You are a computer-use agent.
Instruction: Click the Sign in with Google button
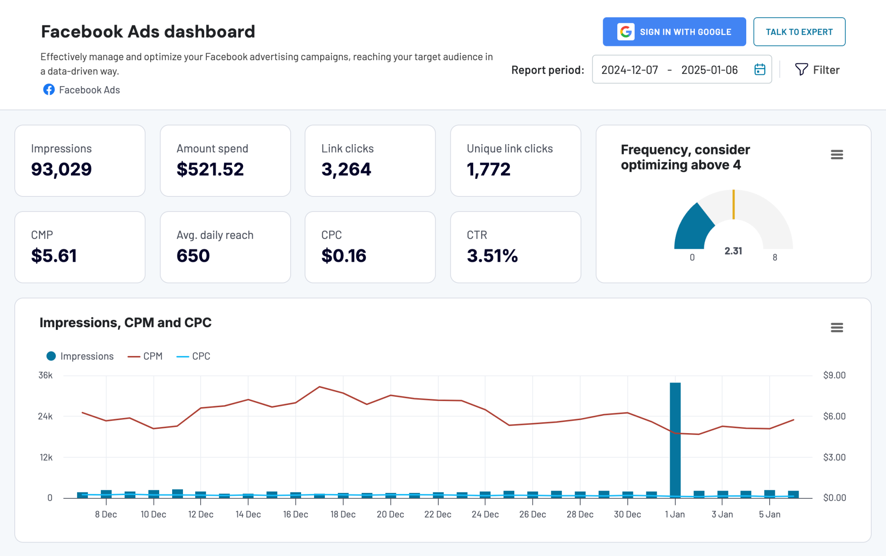coord(674,32)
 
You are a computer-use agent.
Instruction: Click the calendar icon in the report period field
coord(760,69)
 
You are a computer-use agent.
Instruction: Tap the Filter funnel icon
coord(801,69)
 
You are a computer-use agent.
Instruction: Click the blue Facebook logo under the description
coord(49,90)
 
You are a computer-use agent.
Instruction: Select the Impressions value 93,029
coord(61,169)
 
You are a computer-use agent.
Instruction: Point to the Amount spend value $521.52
coord(210,169)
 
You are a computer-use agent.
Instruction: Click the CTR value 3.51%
coord(492,256)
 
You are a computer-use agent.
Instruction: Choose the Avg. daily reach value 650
coord(193,256)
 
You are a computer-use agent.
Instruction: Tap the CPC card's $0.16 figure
coord(343,256)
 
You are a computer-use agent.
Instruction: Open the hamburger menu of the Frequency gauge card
coord(837,154)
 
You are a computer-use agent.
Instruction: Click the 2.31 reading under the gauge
coord(733,251)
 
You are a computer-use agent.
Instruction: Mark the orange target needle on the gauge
coord(733,204)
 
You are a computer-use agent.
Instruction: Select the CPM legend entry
coord(145,356)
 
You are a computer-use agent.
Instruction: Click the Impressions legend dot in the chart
coord(51,356)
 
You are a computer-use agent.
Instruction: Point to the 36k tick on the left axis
coord(45,375)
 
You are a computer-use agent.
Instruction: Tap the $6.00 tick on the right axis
coord(834,416)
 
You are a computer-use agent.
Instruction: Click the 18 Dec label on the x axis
coord(343,514)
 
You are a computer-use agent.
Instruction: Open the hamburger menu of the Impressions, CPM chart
coord(837,328)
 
